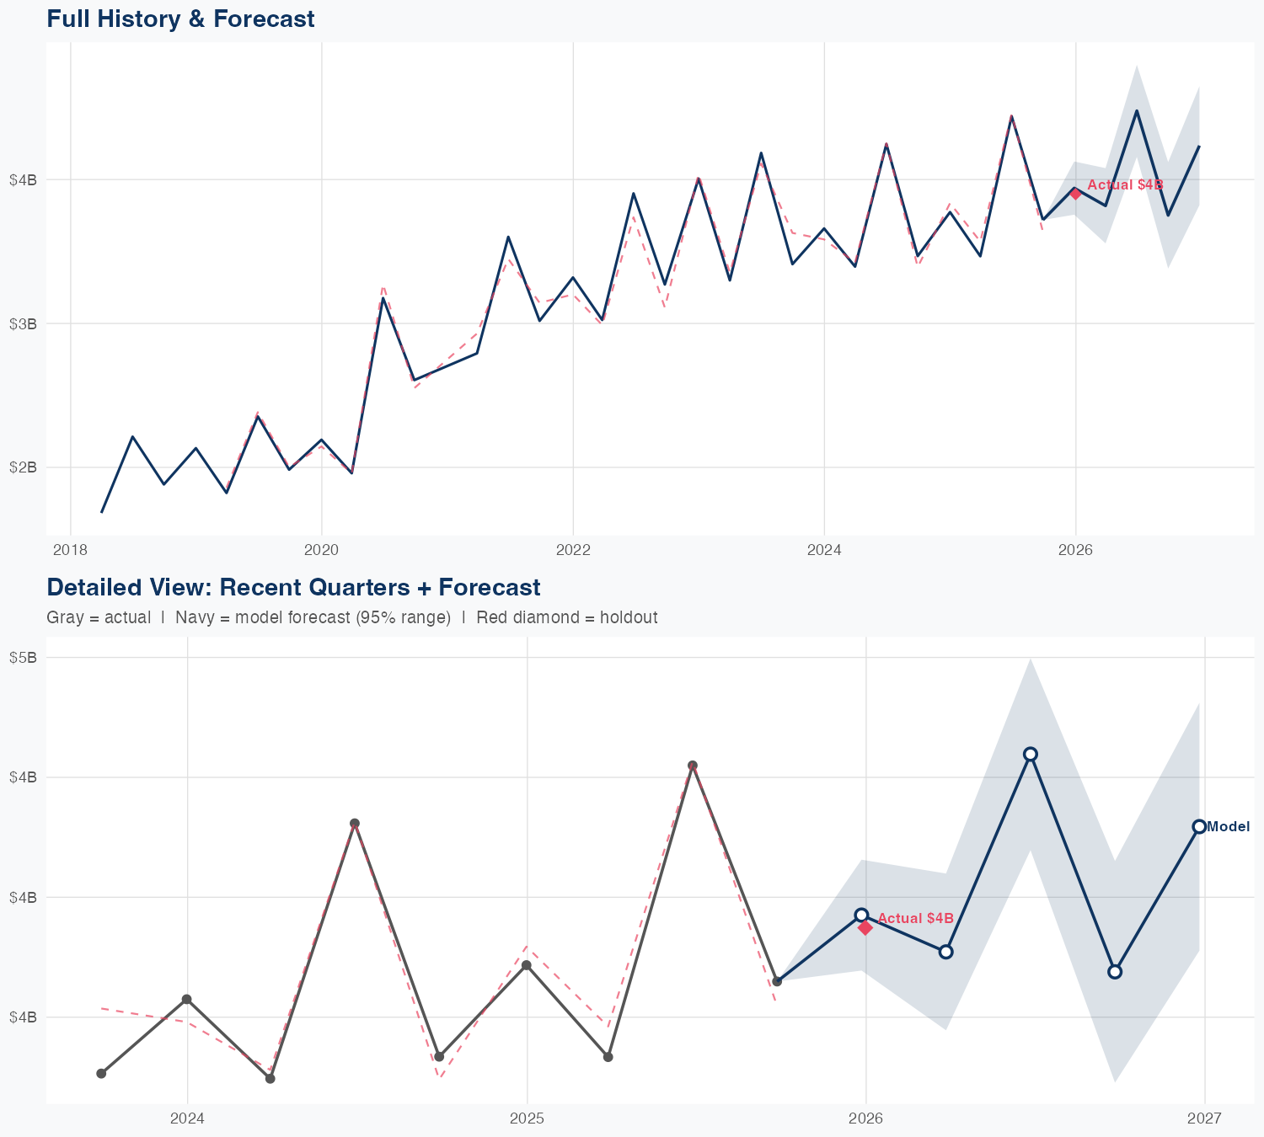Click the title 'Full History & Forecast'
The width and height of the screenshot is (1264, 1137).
click(x=180, y=19)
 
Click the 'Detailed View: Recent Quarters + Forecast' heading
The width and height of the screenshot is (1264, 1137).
click(x=293, y=587)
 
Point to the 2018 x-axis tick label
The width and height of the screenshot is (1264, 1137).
click(x=70, y=550)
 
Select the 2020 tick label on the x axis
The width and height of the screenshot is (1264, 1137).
click(x=321, y=550)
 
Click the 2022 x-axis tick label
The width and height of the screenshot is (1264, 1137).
click(x=572, y=550)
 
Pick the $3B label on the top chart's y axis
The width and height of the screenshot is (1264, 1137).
click(x=23, y=323)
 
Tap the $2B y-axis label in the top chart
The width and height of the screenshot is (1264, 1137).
click(x=23, y=467)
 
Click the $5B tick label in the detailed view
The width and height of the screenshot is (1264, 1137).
click(x=23, y=658)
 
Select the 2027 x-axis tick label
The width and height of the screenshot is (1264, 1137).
click(x=1204, y=1118)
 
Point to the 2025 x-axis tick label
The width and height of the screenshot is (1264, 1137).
click(x=527, y=1118)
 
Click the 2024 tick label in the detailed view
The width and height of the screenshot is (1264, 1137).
click(x=187, y=1118)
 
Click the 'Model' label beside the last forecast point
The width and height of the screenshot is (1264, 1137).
click(x=1228, y=827)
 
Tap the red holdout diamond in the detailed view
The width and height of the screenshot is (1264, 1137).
click(x=865, y=927)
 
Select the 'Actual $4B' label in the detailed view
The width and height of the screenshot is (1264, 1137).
click(x=915, y=918)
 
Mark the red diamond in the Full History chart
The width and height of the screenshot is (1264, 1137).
click(x=1075, y=193)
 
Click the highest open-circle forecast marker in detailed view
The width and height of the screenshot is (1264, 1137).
click(x=1030, y=754)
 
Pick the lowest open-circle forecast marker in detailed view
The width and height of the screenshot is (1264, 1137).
click(x=1115, y=972)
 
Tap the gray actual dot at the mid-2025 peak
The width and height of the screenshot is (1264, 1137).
click(x=693, y=766)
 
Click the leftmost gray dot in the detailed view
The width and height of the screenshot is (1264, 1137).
click(x=101, y=1073)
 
